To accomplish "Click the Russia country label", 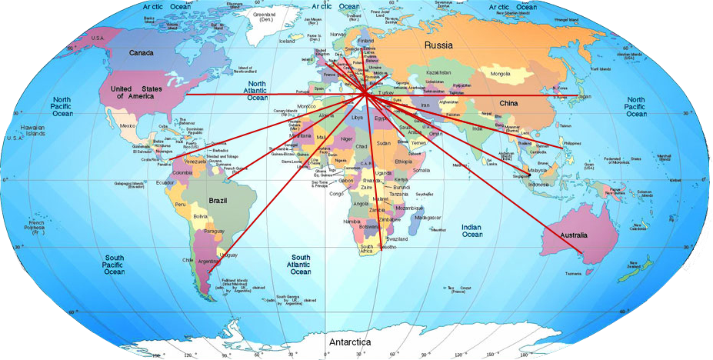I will pos(439,45).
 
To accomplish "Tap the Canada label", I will pos(141,53).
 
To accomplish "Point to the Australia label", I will pos(573,235).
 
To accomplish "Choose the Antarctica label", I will pos(349,342).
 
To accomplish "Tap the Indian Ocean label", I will pos(471,231).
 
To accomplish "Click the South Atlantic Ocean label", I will pos(301,264).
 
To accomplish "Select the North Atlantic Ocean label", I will pos(257,91).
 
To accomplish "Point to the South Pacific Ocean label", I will pos(115,264).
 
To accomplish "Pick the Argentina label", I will pos(208,262).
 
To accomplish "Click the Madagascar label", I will pos(431,218).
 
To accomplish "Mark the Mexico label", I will pos(127,125).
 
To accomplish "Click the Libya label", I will pos(356,118).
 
